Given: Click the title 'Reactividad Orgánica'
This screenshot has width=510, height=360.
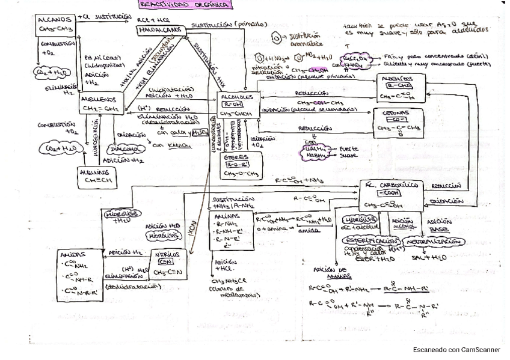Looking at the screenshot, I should click(184, 5).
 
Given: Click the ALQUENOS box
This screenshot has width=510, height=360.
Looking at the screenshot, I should click(100, 103).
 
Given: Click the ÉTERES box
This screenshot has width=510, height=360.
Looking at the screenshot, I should click(239, 166).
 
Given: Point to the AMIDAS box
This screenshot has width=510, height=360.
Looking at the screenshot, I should click(81, 270).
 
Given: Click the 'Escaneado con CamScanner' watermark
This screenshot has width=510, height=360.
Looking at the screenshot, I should click(456, 349).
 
